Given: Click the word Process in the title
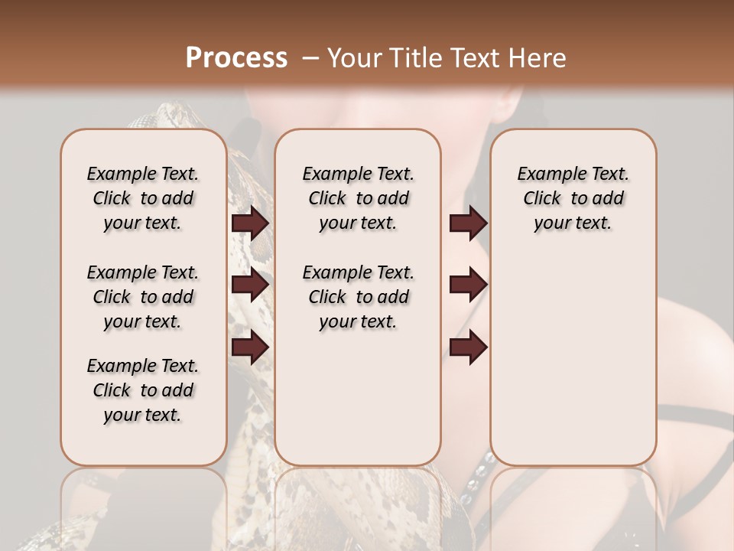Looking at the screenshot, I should tap(236, 58).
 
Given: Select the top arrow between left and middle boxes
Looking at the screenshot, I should tap(250, 223).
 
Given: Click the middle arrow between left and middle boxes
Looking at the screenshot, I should tap(250, 285).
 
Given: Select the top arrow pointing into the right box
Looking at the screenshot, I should tap(468, 223).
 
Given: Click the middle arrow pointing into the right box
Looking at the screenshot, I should tap(468, 285).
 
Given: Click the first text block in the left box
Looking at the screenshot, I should tap(143, 198).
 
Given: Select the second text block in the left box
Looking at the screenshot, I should tap(143, 297).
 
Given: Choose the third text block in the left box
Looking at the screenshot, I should tap(143, 390).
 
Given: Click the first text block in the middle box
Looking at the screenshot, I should tap(358, 198).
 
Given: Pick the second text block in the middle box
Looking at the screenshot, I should tap(358, 297).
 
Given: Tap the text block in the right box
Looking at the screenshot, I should tap(573, 198).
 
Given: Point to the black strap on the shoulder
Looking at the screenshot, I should tap(692, 418).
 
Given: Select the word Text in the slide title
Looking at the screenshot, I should tap(475, 58).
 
